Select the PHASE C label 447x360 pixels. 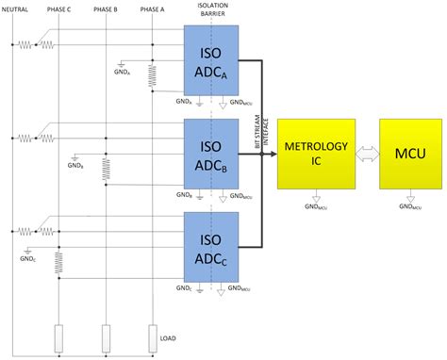click(58, 9)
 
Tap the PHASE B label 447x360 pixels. click(106, 9)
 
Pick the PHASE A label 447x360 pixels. click(152, 9)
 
